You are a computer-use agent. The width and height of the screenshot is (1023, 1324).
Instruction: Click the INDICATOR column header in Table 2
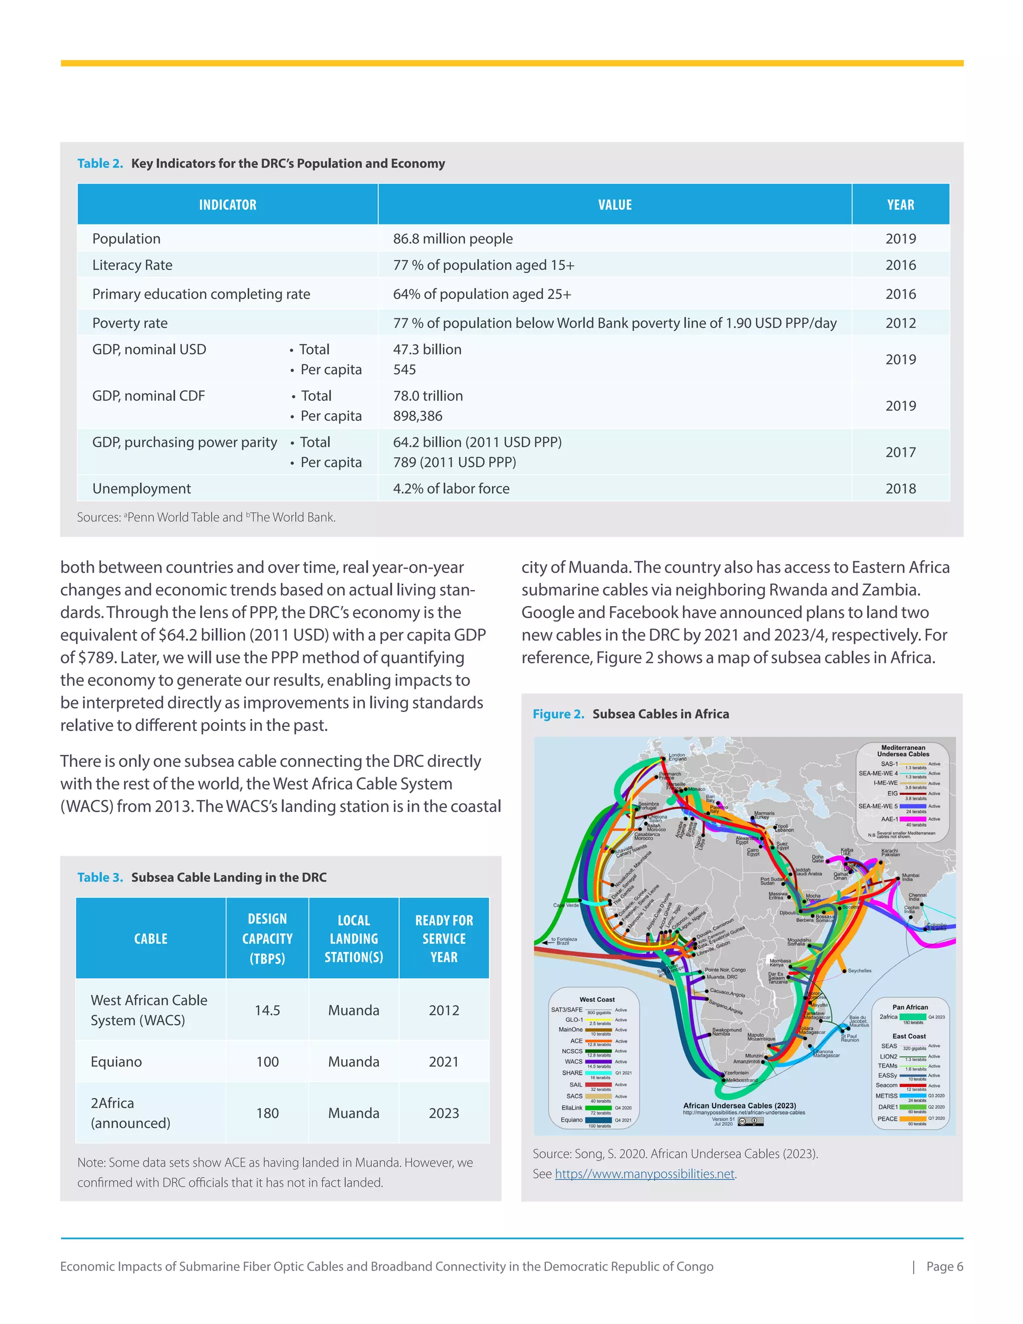click(227, 205)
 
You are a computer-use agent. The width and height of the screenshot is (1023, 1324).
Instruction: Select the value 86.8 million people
click(452, 239)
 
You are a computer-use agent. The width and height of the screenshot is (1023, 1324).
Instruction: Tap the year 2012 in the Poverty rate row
click(900, 323)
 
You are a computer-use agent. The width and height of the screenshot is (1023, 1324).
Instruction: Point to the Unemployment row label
click(141, 489)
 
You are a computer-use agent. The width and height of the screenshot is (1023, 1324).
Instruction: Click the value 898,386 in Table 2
click(418, 416)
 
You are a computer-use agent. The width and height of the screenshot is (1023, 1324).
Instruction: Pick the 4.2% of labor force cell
click(451, 489)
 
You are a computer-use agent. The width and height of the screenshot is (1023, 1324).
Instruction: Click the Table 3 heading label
click(100, 877)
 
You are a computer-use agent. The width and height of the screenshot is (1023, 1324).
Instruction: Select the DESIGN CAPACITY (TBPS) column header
click(267, 938)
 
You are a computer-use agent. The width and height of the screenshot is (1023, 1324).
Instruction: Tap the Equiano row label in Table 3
click(116, 1062)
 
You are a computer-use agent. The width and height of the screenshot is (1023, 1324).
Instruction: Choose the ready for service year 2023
click(444, 1113)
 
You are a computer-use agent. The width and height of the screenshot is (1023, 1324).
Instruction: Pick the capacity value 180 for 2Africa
click(267, 1113)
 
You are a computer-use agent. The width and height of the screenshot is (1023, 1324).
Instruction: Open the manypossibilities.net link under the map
click(644, 1174)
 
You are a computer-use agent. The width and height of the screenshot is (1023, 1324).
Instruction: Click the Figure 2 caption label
click(557, 714)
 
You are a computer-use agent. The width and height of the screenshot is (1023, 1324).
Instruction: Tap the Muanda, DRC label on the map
click(722, 977)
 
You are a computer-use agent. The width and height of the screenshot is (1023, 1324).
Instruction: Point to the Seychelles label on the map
click(859, 971)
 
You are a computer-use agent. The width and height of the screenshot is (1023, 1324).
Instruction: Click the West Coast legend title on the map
click(596, 1000)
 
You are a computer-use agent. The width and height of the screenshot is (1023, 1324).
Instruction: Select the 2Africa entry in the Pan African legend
click(889, 1017)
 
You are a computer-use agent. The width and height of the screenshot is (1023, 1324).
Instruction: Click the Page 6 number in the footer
click(944, 1267)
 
